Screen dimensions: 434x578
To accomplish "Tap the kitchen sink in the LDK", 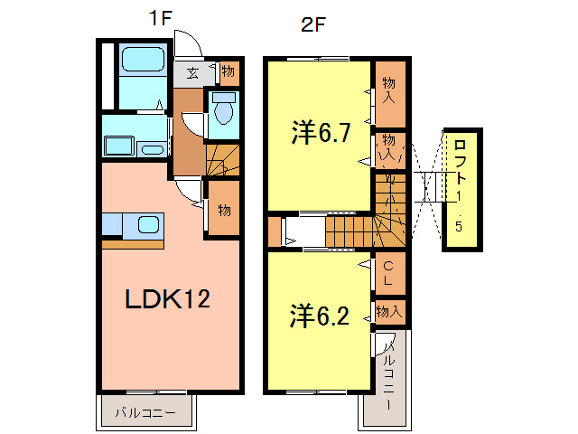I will (146, 225).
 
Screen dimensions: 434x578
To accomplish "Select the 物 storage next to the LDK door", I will (223, 210).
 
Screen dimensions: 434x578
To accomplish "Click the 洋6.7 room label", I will (320, 134).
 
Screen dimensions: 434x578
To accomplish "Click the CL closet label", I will (388, 274).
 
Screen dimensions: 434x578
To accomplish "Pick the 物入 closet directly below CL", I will (388, 311).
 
